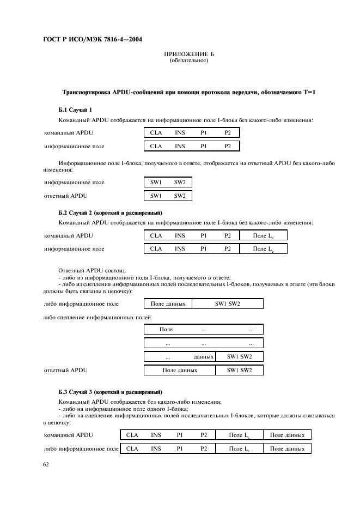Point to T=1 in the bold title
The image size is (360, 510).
pos(309,93)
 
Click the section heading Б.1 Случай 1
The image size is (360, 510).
pos(75,110)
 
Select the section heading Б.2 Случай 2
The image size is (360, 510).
pos(110,212)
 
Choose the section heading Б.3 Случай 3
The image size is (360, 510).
pos(110,392)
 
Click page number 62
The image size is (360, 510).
pos(46,464)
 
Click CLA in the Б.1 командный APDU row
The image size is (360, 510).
pos(156,132)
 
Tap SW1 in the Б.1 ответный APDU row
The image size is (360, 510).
pos(156,196)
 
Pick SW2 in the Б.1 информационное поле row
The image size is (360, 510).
pos(180,183)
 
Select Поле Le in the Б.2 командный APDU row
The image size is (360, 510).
pos(263,236)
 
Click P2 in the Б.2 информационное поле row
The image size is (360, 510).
pos(228,249)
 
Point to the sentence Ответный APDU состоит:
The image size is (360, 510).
pos(92,270)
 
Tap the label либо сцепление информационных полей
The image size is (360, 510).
pos(97,317)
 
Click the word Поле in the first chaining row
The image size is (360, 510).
pos(166,330)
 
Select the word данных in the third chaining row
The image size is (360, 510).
pos(203,357)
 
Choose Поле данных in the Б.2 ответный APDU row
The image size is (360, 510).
pos(180,371)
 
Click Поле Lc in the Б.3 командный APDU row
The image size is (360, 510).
pos(239,435)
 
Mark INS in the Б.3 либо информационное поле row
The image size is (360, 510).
pos(156,448)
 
